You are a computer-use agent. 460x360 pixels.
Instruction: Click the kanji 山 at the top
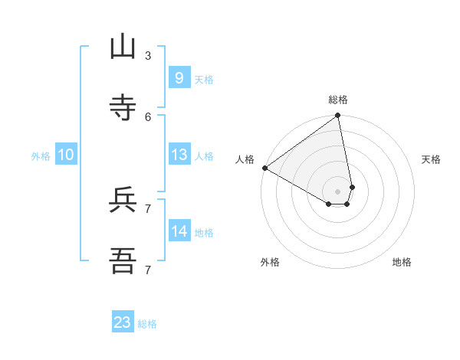123,47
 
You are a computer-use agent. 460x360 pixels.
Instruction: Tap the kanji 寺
123,108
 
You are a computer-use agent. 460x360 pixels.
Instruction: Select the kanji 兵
123,200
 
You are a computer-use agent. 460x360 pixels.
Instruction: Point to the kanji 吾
123,261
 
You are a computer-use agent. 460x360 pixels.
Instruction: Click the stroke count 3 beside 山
148,55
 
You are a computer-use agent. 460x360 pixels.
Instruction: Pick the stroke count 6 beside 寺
148,116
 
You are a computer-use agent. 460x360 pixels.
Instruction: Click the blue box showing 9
179,77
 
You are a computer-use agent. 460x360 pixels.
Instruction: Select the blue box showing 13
179,155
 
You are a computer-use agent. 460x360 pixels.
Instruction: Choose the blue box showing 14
179,231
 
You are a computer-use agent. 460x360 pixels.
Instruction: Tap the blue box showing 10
66,155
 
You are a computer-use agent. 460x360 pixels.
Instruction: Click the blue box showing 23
123,322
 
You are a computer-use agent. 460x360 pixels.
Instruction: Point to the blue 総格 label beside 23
147,324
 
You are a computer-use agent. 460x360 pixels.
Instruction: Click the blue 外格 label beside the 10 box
41,156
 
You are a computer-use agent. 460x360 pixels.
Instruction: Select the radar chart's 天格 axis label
432,159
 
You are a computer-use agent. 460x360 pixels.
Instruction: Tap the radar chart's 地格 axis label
402,262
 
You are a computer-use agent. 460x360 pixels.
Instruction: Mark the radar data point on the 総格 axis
338,116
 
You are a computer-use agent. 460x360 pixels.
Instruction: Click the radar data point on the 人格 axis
264,168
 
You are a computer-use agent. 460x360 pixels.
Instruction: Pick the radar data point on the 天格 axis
353,187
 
